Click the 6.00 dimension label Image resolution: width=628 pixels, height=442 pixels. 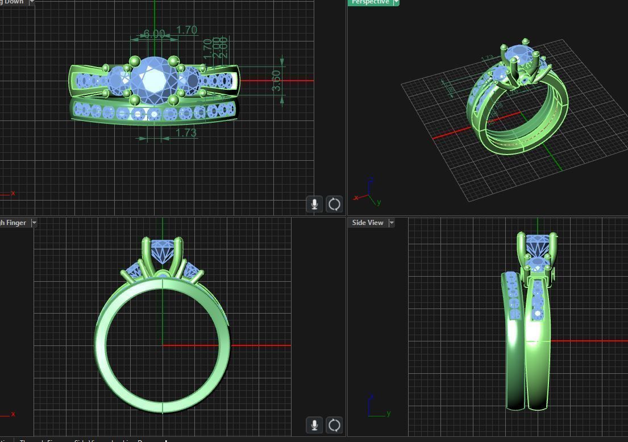154,34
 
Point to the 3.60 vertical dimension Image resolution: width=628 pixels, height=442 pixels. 276,80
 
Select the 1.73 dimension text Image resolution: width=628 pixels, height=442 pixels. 186,133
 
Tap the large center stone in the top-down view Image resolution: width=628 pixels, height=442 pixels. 153,80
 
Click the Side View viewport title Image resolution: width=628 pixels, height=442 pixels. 368,223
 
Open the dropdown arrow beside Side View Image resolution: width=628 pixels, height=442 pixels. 392,223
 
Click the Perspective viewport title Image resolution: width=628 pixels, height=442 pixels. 370,2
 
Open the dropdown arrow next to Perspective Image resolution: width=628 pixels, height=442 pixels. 396,2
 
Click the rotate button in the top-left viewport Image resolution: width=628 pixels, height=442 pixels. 335,204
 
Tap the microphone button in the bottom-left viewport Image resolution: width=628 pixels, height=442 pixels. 314,424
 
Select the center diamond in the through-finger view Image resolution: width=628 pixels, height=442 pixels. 163,250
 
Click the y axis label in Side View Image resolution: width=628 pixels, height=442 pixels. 389,414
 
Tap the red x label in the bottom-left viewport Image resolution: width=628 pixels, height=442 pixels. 13,414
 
